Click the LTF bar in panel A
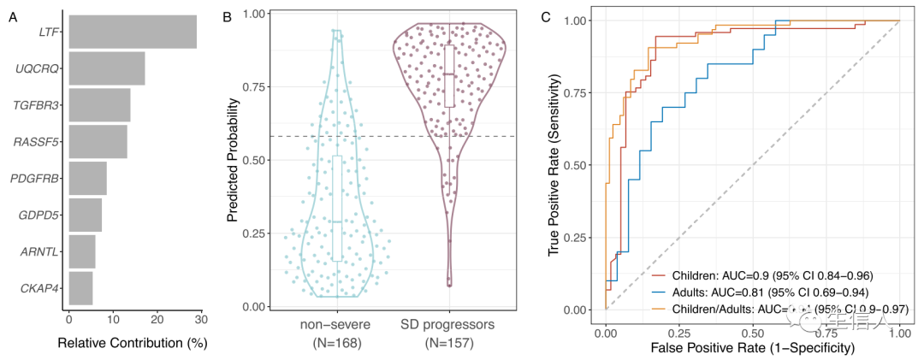click(x=133, y=32)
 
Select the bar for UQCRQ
click(x=107, y=68)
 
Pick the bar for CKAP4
click(x=80, y=288)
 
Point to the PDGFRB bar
click(x=87, y=178)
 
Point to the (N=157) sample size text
click(x=449, y=345)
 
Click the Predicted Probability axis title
click(x=233, y=160)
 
